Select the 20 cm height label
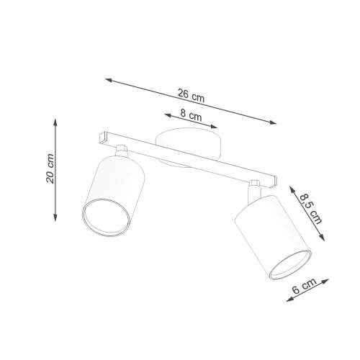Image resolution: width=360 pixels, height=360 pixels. point(50,169)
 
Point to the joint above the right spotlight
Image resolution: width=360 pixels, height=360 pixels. point(255,189)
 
